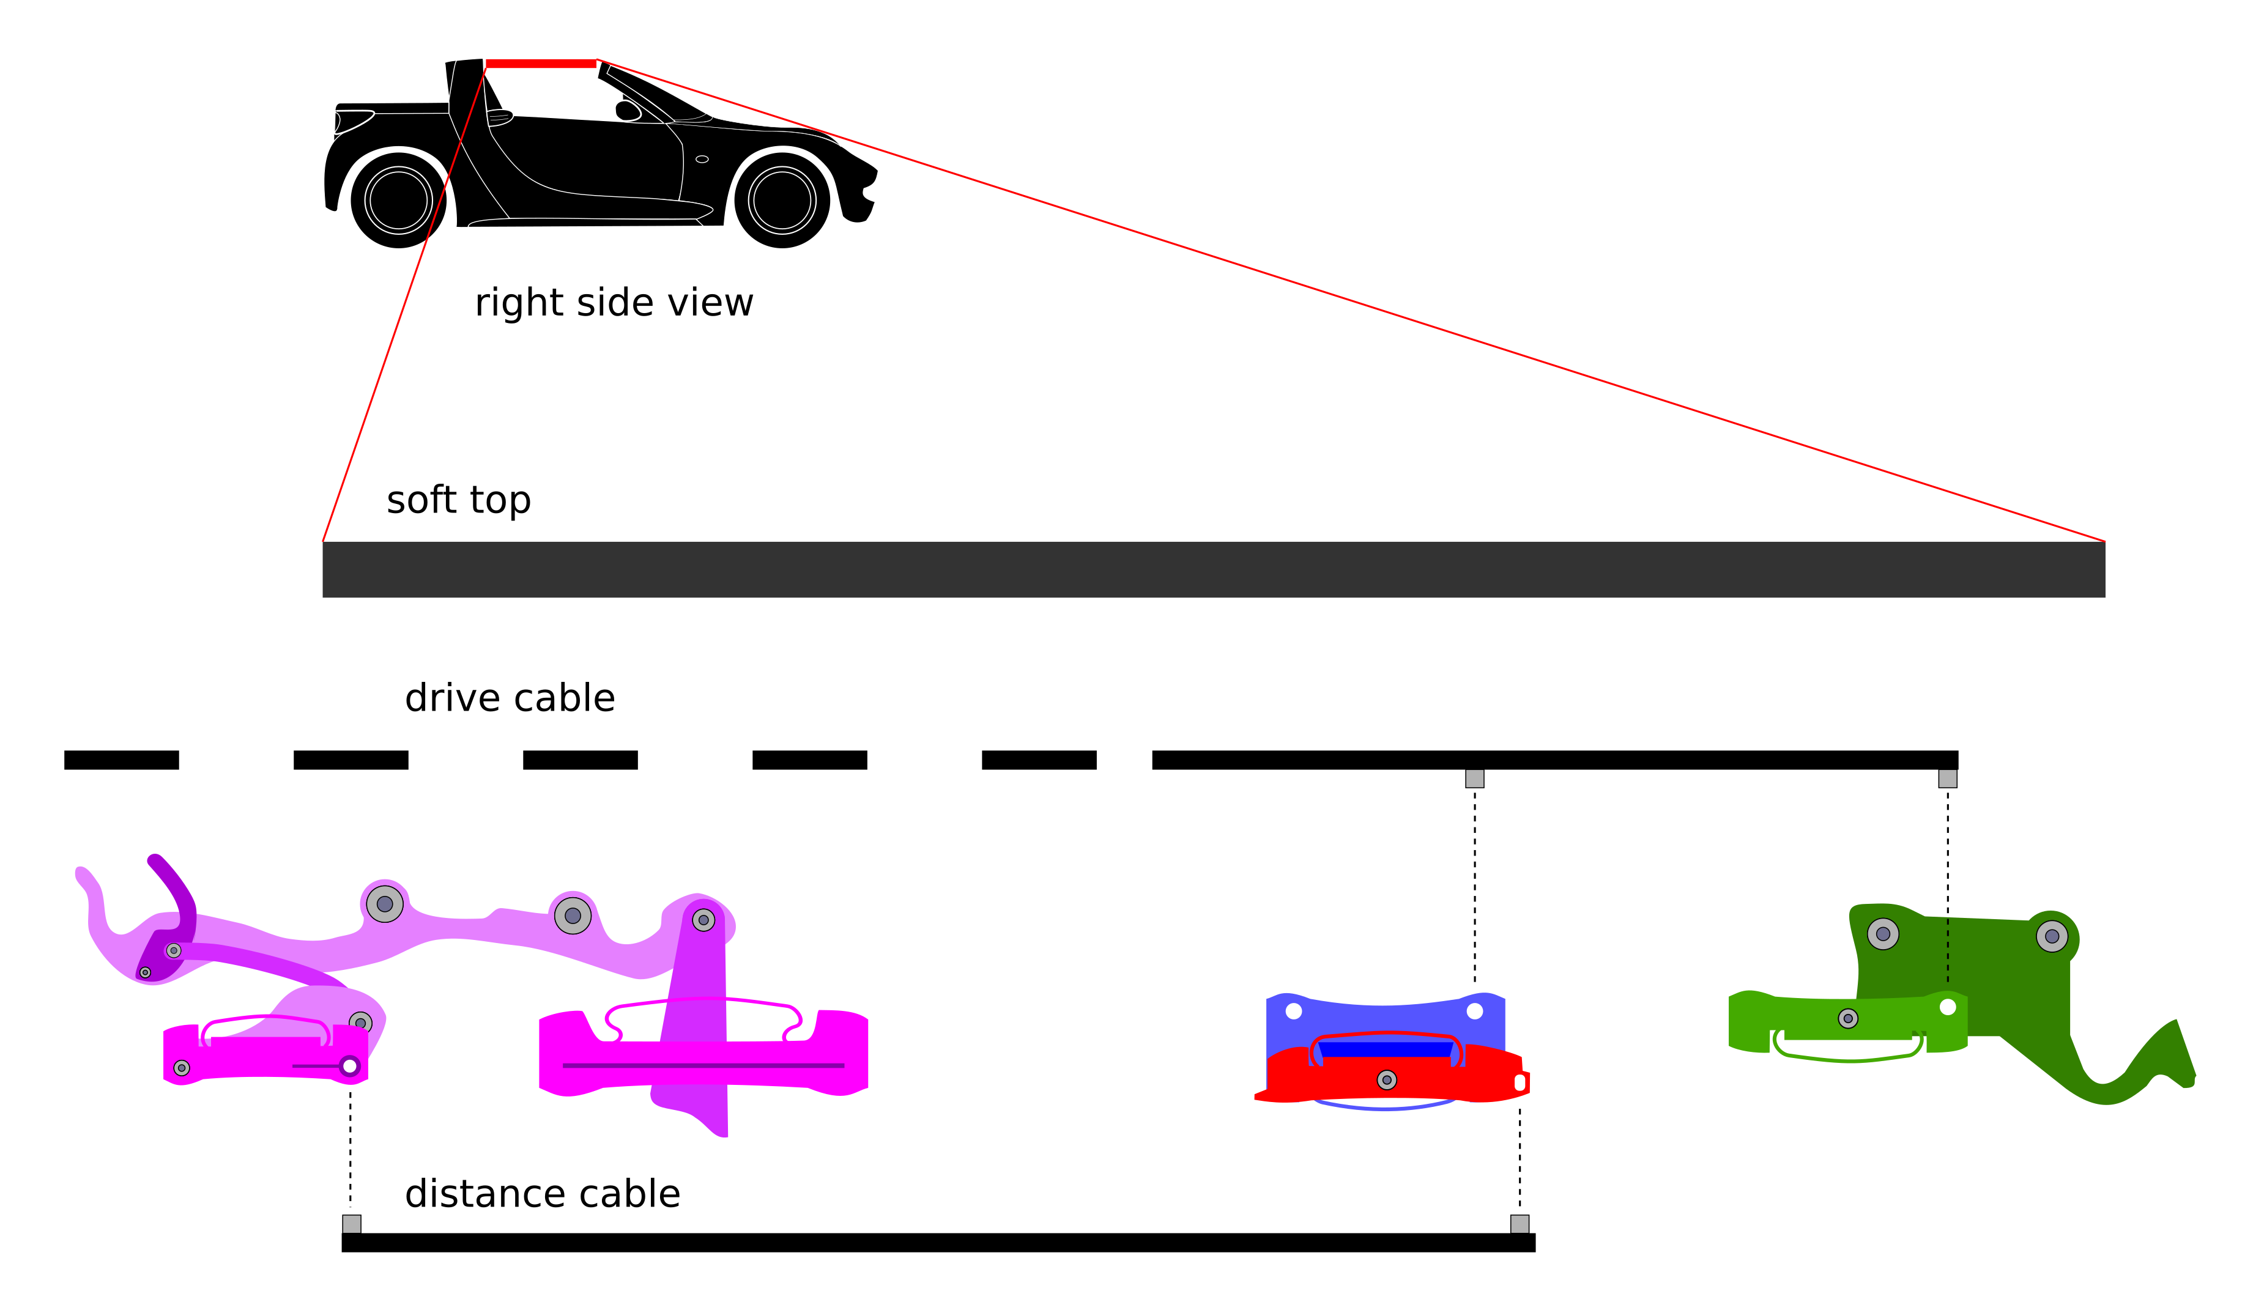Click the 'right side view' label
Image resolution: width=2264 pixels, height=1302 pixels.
point(614,303)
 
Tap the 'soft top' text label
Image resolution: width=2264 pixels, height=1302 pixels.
point(458,500)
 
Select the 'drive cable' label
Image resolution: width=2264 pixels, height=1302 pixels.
point(509,698)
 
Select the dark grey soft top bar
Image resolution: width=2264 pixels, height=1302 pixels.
point(1213,569)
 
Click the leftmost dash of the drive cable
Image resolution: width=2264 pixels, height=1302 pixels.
point(122,760)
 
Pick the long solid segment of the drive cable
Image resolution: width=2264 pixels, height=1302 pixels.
point(1554,760)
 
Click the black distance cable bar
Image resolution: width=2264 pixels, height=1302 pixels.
point(938,1243)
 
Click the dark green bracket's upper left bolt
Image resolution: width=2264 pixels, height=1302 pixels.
point(1883,934)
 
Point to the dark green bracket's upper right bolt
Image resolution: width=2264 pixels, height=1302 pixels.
point(2052,937)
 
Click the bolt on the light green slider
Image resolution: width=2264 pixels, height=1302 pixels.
point(1848,1018)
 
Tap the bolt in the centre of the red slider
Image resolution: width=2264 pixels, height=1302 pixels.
point(1387,1080)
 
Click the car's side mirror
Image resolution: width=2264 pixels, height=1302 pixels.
point(628,110)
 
